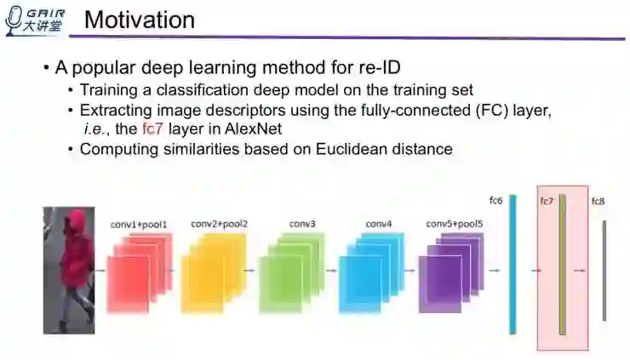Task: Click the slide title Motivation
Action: pos(140,20)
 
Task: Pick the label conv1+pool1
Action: pos(140,225)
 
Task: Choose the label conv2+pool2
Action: pos(219,224)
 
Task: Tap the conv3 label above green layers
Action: pos(302,224)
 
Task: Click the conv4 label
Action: pos(379,224)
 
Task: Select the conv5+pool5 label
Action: pos(454,224)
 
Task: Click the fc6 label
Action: pos(496,201)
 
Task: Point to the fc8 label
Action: pos(598,201)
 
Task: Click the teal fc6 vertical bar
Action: pos(513,269)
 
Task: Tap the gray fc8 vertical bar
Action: pos(604,271)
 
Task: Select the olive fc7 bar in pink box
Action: pos(562,269)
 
